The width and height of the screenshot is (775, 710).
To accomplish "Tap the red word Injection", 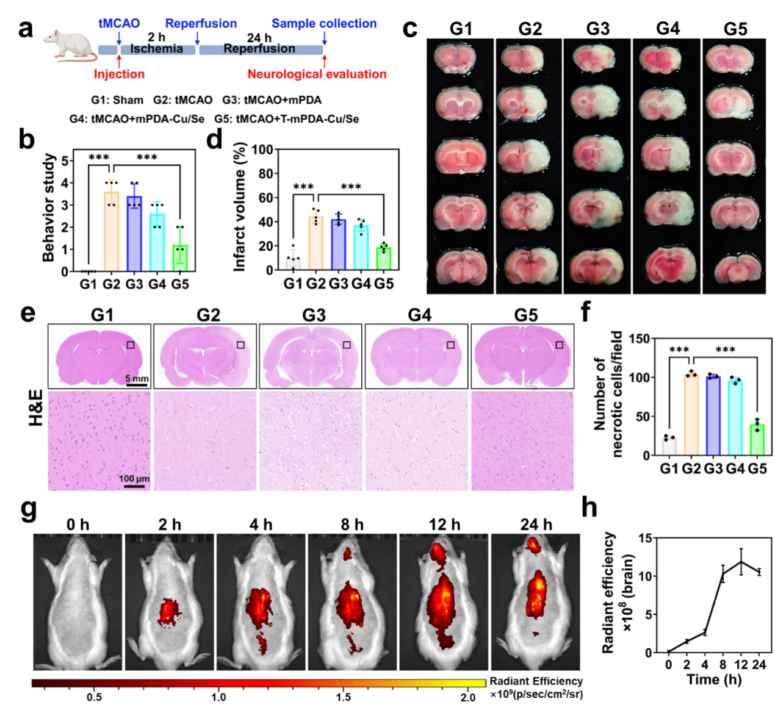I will [x=119, y=74].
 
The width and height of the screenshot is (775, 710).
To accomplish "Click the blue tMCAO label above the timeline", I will [x=119, y=23].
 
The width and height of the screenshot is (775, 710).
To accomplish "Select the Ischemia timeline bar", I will [x=157, y=49].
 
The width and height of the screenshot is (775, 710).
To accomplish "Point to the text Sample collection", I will [x=324, y=24].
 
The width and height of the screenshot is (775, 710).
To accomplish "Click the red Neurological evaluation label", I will [x=317, y=74].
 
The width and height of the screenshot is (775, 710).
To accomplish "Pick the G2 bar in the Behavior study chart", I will [x=111, y=231].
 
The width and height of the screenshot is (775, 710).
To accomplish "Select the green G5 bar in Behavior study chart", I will [x=180, y=257].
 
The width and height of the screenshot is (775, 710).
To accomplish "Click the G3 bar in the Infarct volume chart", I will [x=339, y=245].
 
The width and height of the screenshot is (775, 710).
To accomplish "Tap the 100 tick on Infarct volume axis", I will [x=262, y=150].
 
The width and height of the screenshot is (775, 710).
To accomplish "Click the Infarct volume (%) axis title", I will [x=239, y=207].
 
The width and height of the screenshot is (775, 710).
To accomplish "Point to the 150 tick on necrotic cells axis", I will [x=639, y=339].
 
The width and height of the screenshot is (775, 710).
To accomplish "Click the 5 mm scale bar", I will [x=136, y=384].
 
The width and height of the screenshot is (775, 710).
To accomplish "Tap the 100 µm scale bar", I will [x=134, y=486].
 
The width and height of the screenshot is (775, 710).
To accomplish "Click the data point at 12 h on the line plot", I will [x=741, y=562].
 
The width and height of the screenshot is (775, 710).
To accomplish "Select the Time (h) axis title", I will [x=714, y=680].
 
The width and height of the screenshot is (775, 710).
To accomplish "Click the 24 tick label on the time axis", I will [x=759, y=665].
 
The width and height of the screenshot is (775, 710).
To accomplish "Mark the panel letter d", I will [x=214, y=140].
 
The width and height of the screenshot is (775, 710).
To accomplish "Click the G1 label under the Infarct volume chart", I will [x=293, y=284].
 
